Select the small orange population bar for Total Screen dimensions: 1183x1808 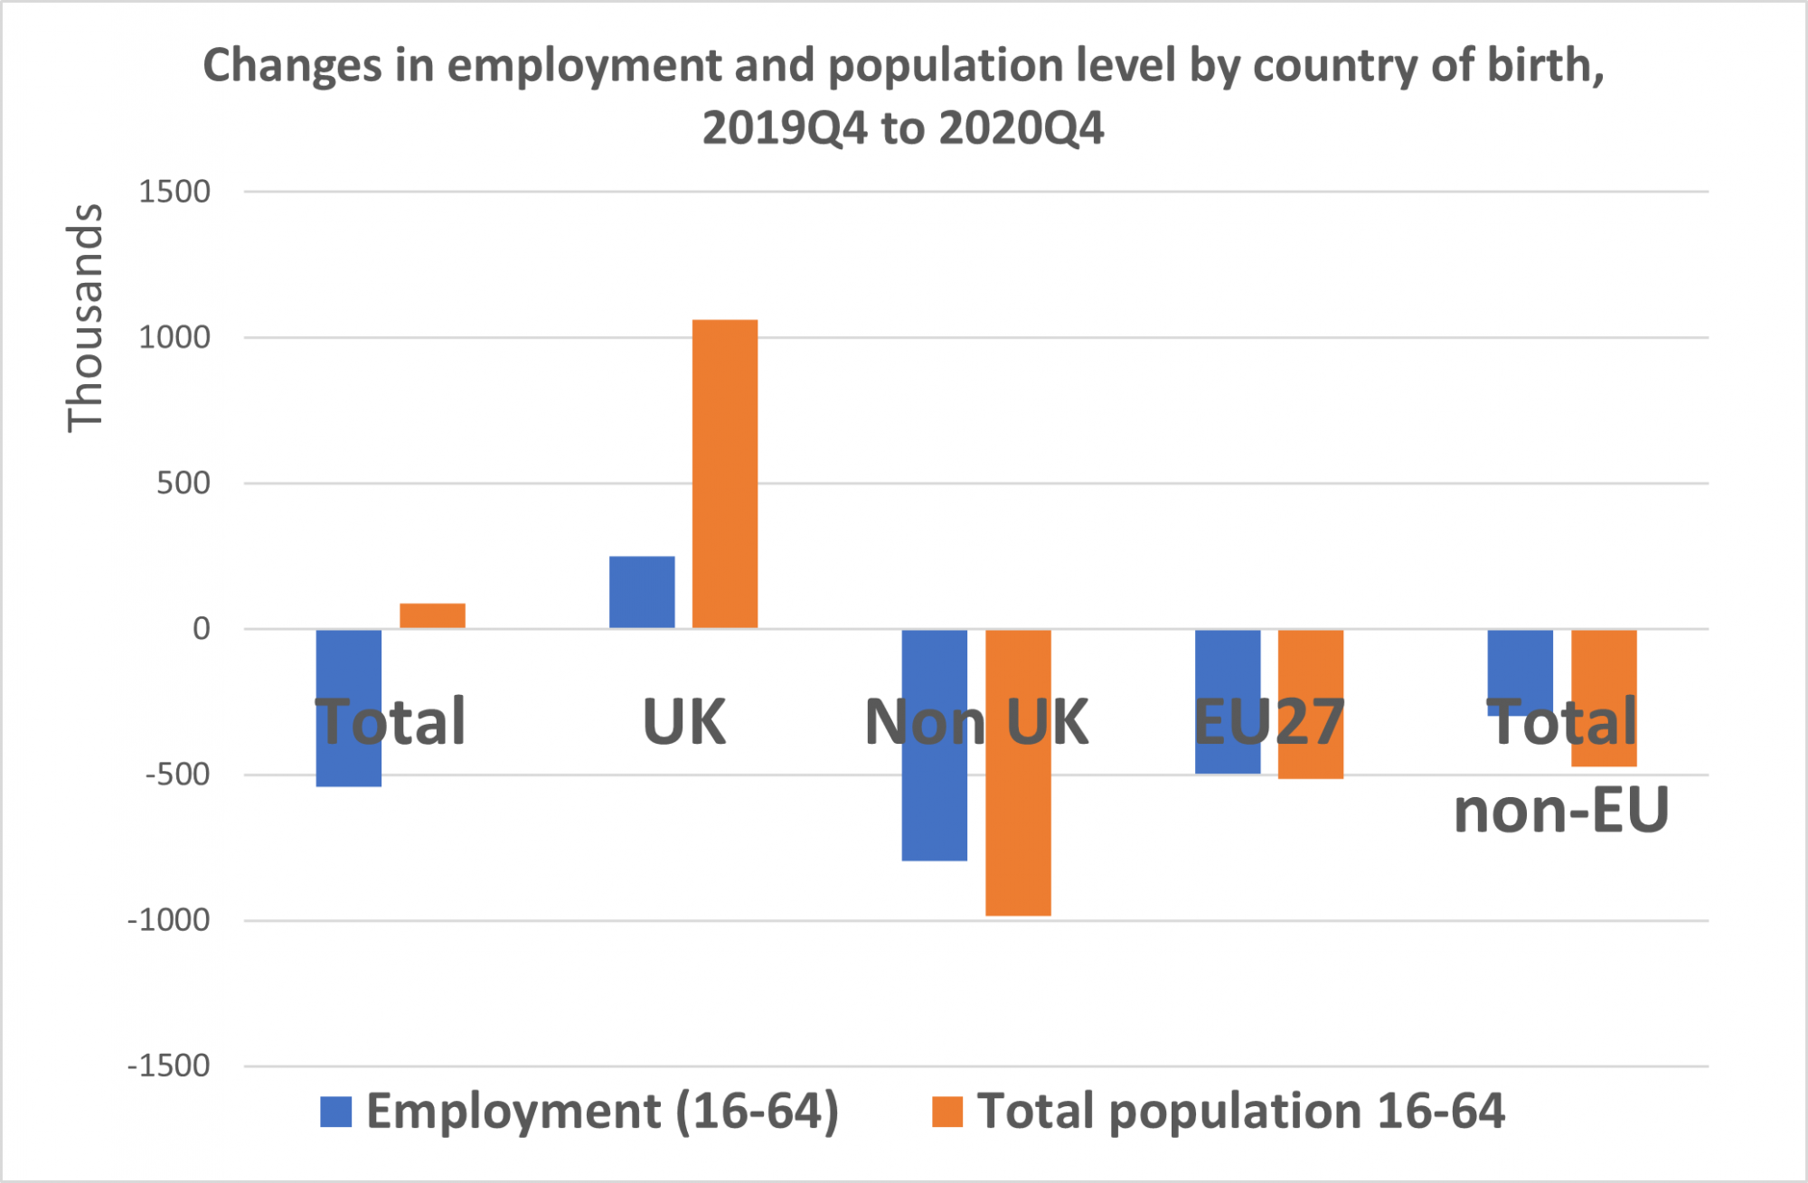click(x=432, y=615)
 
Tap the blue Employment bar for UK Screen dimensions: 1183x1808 click(x=642, y=592)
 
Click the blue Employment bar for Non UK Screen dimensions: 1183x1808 click(x=935, y=795)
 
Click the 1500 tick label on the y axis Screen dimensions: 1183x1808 click(x=174, y=192)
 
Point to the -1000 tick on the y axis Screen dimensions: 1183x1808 click(x=169, y=920)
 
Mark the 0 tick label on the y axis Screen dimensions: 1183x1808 click(x=202, y=629)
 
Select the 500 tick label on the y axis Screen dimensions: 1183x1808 click(x=184, y=484)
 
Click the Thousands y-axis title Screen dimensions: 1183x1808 click(x=86, y=317)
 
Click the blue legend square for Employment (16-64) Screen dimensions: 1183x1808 click(x=336, y=1112)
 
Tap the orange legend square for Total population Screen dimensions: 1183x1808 click(x=947, y=1112)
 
